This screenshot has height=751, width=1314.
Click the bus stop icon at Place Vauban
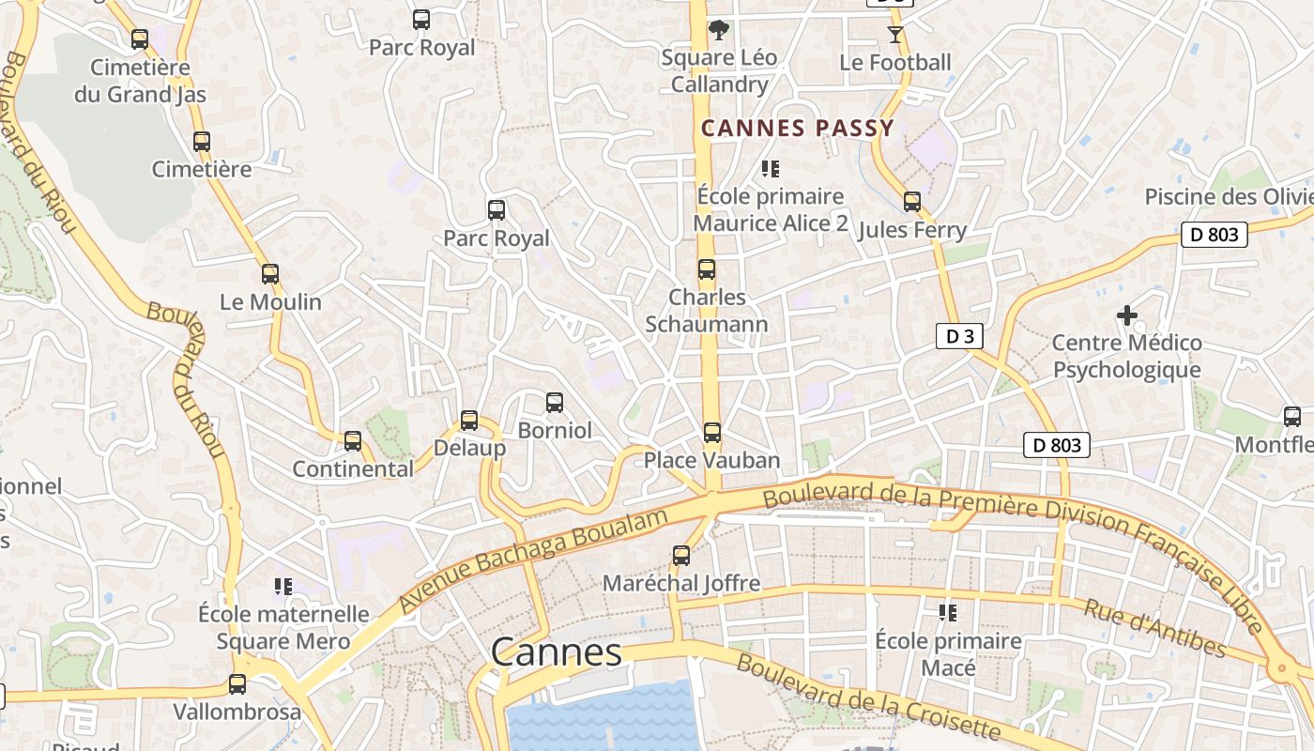tap(712, 433)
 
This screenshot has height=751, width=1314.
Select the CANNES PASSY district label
tap(798, 129)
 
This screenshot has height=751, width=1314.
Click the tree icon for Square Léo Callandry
tap(719, 30)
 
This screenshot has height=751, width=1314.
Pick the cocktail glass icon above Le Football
tap(894, 35)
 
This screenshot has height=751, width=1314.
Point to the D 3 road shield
tap(958, 336)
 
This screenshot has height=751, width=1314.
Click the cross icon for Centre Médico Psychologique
tap(1126, 315)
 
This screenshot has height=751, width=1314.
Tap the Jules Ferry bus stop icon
tap(912, 202)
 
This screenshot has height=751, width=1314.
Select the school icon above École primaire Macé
tap(948, 613)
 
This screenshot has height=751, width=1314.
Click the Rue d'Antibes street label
tap(1154, 628)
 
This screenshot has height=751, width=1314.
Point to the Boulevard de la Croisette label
tap(868, 697)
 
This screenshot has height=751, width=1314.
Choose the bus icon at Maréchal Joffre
tap(681, 556)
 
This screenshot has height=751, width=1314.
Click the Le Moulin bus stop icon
tap(270, 274)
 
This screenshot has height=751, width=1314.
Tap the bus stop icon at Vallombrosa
tap(237, 684)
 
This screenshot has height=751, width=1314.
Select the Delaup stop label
tap(469, 448)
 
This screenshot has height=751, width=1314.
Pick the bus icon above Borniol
tap(555, 403)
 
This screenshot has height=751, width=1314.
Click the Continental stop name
tap(353, 468)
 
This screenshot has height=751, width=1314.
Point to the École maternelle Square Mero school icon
tap(283, 587)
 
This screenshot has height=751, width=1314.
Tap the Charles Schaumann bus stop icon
tap(707, 269)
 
